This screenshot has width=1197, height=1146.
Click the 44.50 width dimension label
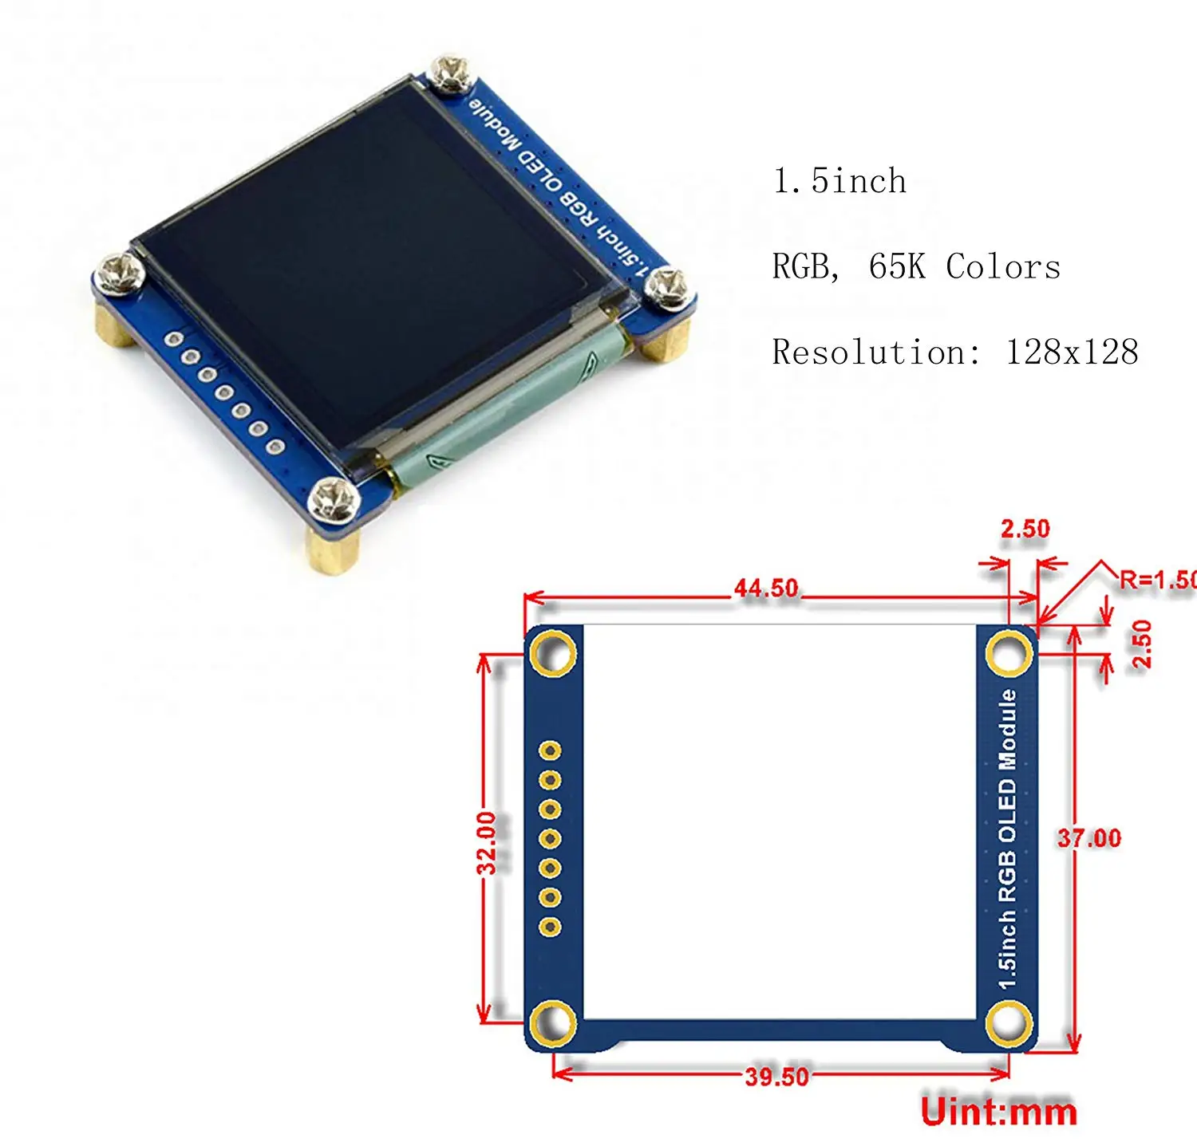[x=766, y=589]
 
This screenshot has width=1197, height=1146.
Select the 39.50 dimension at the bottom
[x=776, y=1077]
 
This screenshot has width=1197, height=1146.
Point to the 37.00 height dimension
[x=1089, y=838]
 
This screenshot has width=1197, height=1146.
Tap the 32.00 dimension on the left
[x=487, y=842]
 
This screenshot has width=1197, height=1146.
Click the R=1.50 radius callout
[x=1157, y=580]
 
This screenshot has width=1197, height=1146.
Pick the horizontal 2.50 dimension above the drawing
[x=1025, y=529]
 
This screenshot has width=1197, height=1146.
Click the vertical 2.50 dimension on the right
[x=1143, y=644]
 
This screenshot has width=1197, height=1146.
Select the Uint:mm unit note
[x=998, y=1112]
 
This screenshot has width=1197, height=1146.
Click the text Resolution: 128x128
[x=954, y=352]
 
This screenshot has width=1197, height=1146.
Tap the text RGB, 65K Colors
[x=916, y=266]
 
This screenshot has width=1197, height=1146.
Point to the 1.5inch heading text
[x=839, y=181]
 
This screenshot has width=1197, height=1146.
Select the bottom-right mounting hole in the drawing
[x=1009, y=1023]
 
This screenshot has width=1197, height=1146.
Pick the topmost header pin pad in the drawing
[x=550, y=750]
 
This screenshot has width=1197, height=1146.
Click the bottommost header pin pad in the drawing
[x=550, y=927]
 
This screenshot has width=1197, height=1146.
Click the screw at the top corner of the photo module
[x=450, y=73]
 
